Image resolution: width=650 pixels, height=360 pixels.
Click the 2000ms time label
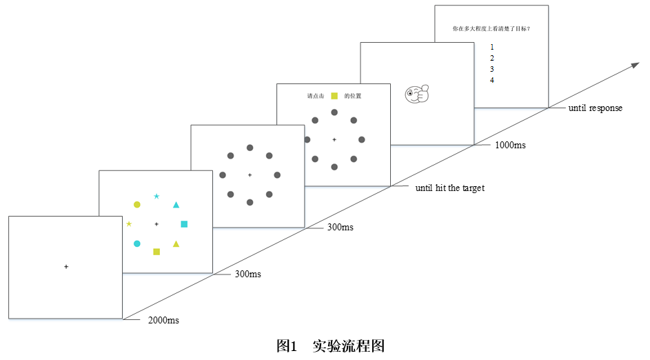[163, 320]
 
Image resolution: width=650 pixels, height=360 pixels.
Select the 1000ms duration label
[510, 146]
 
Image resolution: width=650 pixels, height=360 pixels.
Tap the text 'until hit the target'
[449, 188]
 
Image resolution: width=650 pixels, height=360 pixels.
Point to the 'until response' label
[595, 108]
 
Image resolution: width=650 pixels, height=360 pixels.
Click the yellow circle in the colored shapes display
[137, 204]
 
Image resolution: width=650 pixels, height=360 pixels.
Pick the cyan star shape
[156, 197]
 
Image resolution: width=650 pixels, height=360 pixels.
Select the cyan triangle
[176, 204]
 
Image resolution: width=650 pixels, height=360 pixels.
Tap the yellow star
[129, 223]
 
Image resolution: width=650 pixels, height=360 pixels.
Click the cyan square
[184, 223]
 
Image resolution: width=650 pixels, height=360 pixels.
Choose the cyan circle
[137, 243]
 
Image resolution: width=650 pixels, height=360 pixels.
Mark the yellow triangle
[176, 243]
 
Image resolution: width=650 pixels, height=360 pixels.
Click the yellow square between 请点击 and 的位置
[334, 96]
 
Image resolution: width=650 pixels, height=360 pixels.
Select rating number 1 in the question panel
[491, 47]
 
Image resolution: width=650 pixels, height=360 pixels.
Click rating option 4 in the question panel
[491, 81]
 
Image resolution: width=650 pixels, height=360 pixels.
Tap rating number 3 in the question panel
[491, 70]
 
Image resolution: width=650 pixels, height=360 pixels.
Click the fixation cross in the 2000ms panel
[66, 266]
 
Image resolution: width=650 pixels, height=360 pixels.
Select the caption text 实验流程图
[348, 346]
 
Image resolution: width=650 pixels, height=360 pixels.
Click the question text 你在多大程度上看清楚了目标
[491, 29]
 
